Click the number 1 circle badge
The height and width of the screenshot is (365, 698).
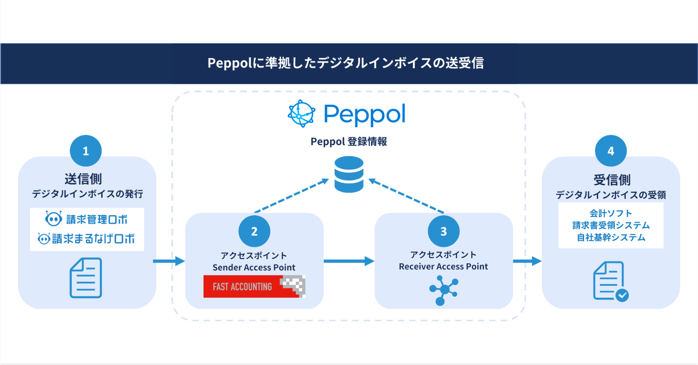[86, 151]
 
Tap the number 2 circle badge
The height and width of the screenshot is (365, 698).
[254, 231]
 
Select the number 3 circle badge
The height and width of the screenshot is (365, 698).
[443, 231]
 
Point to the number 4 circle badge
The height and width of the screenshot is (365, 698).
[611, 151]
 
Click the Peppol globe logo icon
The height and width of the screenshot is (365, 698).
[301, 114]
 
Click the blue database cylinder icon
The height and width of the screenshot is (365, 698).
[349, 174]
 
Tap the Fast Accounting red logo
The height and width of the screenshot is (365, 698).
[254, 286]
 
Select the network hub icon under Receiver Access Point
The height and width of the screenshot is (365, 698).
[443, 290]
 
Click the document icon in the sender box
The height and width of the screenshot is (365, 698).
[86, 278]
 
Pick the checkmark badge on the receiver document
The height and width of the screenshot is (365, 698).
[622, 295]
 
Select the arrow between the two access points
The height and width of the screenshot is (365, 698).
[349, 261]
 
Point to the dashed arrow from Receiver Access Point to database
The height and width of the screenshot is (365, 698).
[406, 195]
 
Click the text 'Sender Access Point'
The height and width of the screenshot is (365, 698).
[254, 268]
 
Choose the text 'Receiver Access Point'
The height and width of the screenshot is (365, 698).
[443, 267]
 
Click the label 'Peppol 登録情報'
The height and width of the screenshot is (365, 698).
[348, 142]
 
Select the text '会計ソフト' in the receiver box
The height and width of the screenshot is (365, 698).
[611, 213]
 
